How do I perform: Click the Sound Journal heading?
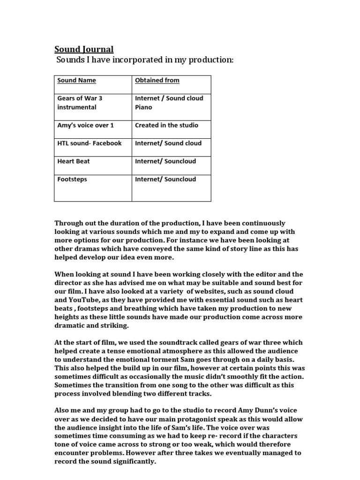pyautogui.click(x=84, y=49)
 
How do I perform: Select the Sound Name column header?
pyautogui.click(x=76, y=80)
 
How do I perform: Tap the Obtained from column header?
pyautogui.click(x=157, y=80)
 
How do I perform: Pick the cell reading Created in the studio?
pyautogui.click(x=166, y=125)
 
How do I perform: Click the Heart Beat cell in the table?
pyautogui.click(x=74, y=161)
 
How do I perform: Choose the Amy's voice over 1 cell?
pyautogui.click(x=85, y=125)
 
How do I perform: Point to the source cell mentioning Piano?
pyautogui.click(x=169, y=103)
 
